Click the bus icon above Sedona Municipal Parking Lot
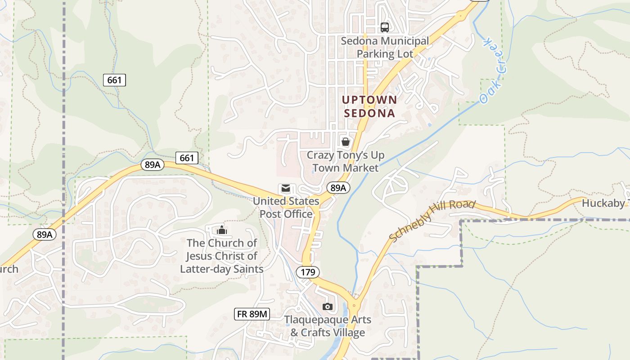coord(385,27)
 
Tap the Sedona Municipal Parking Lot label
coord(385,47)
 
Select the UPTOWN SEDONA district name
coord(369,106)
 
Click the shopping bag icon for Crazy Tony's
coord(346,142)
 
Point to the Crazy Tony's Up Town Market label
coord(345,162)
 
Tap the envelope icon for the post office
coord(286,188)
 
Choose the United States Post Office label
coord(286,207)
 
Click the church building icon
coord(221,230)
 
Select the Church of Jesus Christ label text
coord(222,256)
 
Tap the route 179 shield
coord(308,272)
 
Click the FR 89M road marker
coord(252,314)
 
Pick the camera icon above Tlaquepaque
coord(328,306)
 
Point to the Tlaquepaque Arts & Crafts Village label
coord(328,326)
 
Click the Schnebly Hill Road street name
coord(432,220)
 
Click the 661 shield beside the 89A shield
coord(187,157)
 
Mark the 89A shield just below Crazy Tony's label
coord(338,188)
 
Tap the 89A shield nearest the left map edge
coord(44,234)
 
